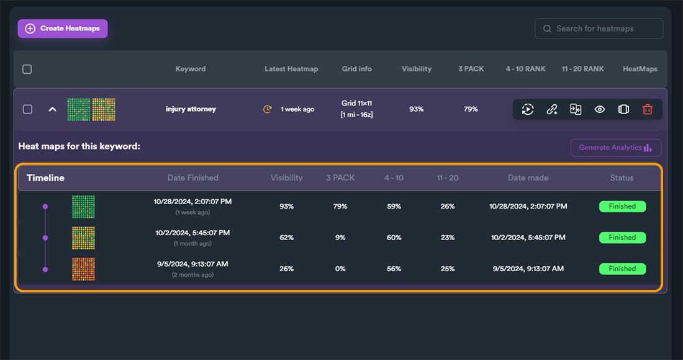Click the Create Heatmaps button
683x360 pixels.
click(x=63, y=29)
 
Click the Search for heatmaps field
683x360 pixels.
click(x=599, y=29)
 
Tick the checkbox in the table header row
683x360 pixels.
click(x=27, y=70)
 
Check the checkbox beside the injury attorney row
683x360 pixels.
click(x=27, y=109)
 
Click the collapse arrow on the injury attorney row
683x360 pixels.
click(x=52, y=109)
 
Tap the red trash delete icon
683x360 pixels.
click(x=647, y=109)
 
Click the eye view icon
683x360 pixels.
click(x=600, y=109)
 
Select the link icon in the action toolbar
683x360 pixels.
click(x=552, y=109)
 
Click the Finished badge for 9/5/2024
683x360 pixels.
click(x=622, y=269)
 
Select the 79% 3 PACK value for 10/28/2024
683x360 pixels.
click(x=340, y=206)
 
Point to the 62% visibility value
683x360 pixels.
click(x=287, y=238)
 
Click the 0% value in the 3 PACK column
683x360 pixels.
click(x=340, y=269)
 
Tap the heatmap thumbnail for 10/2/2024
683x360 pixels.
click(x=83, y=238)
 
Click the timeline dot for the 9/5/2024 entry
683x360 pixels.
click(x=45, y=269)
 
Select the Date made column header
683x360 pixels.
click(x=528, y=178)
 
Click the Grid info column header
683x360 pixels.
click(x=357, y=69)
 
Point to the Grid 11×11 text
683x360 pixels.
click(x=357, y=103)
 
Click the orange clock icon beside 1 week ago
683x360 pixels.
click(x=268, y=109)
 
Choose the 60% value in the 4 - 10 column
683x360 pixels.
click(x=394, y=238)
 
